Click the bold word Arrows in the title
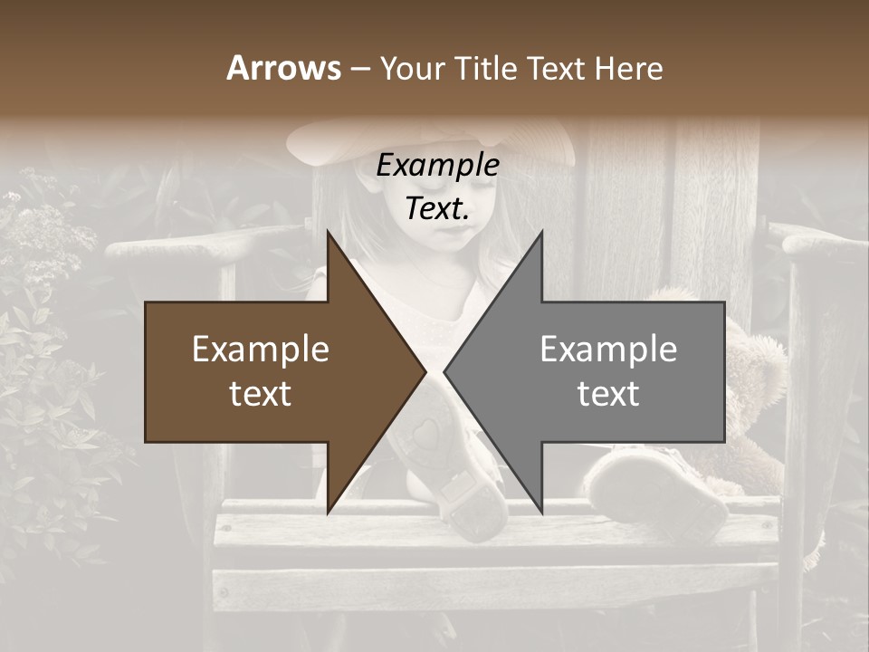click(283, 68)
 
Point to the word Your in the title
click(410, 69)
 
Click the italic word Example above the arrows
click(437, 166)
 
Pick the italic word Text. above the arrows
click(437, 209)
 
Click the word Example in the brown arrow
click(261, 350)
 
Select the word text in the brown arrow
click(261, 394)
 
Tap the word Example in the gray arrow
click(608, 350)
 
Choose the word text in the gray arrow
click(608, 394)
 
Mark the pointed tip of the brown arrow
click(425, 371)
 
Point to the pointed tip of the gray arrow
click(445, 371)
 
